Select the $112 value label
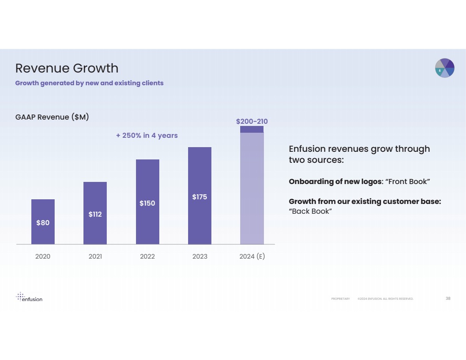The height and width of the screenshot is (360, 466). coord(95,214)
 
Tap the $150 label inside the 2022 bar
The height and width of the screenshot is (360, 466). coord(147,203)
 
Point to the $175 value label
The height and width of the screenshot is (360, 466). coord(200,197)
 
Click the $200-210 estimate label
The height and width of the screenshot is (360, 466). coord(252,121)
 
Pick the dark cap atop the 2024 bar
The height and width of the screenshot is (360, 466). coord(252,129)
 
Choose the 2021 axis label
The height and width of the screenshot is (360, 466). coord(95,257)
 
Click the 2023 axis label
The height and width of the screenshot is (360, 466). coord(200,257)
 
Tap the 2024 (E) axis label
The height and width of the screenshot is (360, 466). coord(252,257)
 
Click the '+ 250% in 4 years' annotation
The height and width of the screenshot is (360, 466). coord(147,135)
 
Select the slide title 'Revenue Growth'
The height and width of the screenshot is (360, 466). coord(67,68)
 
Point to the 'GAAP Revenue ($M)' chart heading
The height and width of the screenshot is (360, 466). coord(52,117)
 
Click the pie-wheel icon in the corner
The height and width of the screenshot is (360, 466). coord(445,68)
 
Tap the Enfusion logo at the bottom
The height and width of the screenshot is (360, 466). coord(29,297)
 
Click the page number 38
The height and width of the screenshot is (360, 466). coord(448,299)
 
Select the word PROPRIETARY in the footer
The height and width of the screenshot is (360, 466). coord(341,299)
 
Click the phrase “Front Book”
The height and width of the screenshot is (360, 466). coord(408,181)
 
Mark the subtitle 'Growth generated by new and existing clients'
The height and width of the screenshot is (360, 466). coord(89,83)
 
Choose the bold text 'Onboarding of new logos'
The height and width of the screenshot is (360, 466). coord(335,181)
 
